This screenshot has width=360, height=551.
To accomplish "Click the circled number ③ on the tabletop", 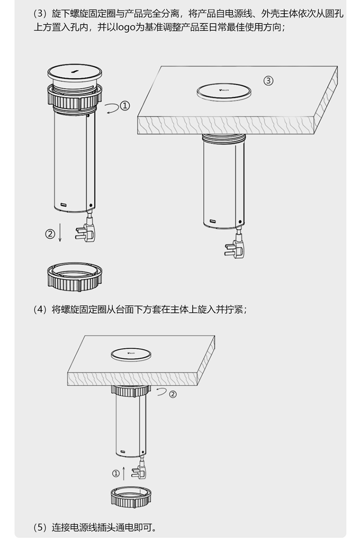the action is tap(268, 81).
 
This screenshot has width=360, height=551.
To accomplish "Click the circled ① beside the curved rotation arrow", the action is tap(125, 105).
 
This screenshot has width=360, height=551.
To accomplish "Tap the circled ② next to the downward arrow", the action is tap(50, 233).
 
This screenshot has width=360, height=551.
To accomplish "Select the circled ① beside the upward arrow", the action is tap(116, 474).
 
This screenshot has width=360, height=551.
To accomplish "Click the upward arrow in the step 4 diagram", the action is tap(124, 473).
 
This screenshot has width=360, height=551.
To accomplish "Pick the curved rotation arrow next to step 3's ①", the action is tap(113, 108).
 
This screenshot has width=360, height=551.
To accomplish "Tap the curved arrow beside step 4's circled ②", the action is tap(162, 392).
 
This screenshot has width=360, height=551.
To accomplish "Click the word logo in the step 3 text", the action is tap(126, 28).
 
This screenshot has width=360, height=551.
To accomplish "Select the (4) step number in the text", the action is tap(40, 309).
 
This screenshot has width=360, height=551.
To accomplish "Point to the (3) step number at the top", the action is tap(40, 14).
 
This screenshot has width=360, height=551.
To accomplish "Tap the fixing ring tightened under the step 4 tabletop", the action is tap(131, 391).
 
